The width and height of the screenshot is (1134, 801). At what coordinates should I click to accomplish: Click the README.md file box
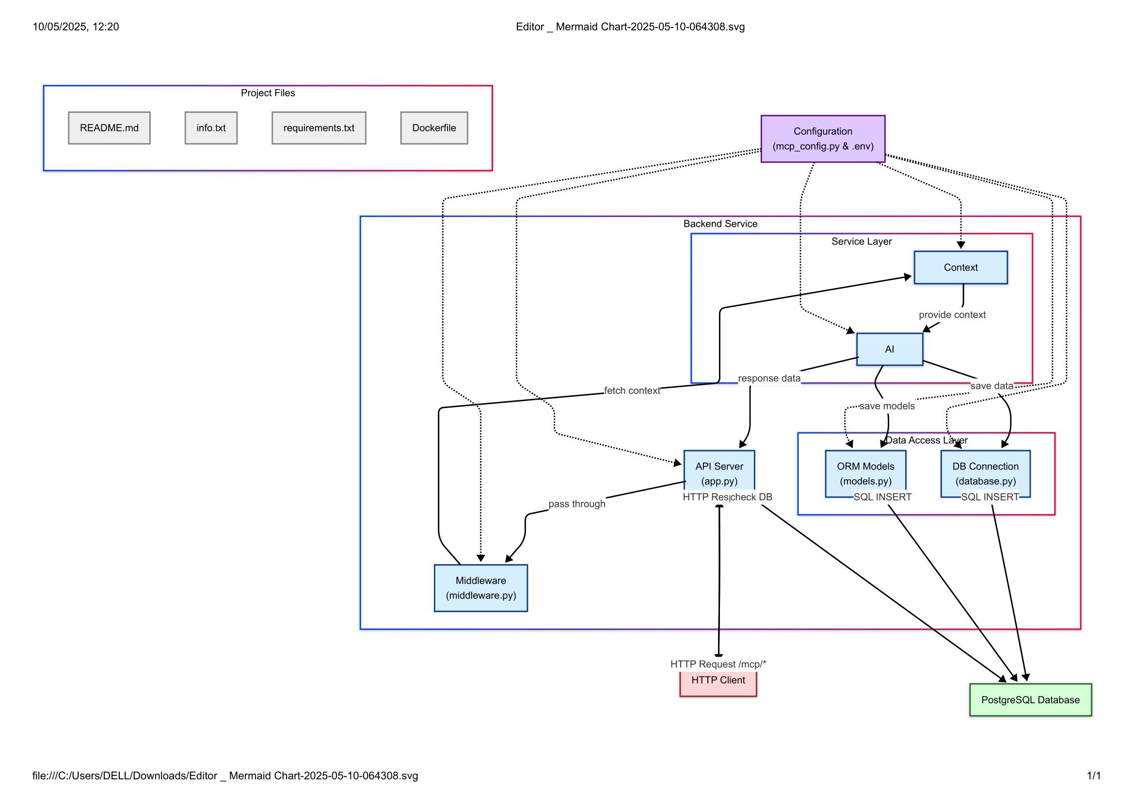pyautogui.click(x=109, y=128)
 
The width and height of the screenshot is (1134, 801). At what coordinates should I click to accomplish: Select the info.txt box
pyautogui.click(x=211, y=128)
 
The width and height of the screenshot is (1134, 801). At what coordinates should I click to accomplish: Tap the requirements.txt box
pyautogui.click(x=319, y=128)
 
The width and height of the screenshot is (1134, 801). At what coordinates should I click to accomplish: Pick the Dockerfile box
pyautogui.click(x=433, y=128)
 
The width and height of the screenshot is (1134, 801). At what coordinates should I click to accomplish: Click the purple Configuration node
pyautogui.click(x=822, y=139)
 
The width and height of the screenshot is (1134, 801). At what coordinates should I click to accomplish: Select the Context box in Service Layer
pyautogui.click(x=960, y=267)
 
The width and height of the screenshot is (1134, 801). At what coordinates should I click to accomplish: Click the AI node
pyautogui.click(x=889, y=349)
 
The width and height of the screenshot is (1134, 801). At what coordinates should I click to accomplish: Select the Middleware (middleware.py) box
pyautogui.click(x=480, y=588)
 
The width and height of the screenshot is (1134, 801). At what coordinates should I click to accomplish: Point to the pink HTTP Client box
pyautogui.click(x=718, y=683)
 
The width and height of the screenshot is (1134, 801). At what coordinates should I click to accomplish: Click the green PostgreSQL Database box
pyautogui.click(x=1030, y=700)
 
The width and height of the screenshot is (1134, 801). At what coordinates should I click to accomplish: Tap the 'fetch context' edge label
pyautogui.click(x=631, y=391)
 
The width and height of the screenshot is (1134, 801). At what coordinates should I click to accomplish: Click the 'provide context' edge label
pyautogui.click(x=952, y=315)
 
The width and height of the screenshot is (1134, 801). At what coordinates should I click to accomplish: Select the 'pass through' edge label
pyautogui.click(x=576, y=504)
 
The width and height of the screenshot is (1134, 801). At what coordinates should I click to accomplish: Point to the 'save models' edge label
pyautogui.click(x=887, y=406)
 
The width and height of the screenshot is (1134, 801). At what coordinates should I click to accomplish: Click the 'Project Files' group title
pyautogui.click(x=268, y=93)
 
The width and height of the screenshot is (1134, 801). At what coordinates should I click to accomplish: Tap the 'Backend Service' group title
pyautogui.click(x=719, y=223)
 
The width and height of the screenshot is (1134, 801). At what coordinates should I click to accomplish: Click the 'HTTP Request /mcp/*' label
pyautogui.click(x=718, y=664)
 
